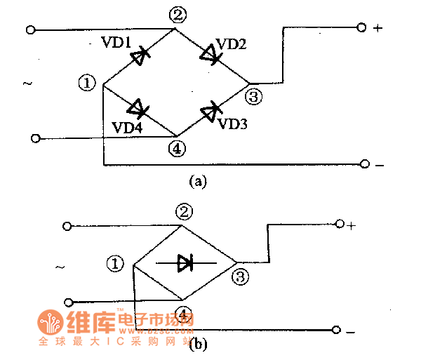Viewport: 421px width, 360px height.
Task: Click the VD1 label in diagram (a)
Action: click(x=120, y=43)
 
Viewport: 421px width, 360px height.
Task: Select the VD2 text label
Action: click(x=231, y=44)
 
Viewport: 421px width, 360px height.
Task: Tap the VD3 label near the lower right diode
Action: click(x=232, y=124)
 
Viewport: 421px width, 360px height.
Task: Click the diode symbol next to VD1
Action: click(x=142, y=55)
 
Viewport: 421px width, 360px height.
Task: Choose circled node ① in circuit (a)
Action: click(x=87, y=84)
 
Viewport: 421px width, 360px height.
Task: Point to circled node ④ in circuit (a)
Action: click(x=176, y=148)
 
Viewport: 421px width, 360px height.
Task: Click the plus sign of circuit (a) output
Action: click(x=378, y=29)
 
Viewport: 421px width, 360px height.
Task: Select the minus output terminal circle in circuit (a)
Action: click(x=363, y=164)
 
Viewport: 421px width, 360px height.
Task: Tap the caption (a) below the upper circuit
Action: click(x=199, y=181)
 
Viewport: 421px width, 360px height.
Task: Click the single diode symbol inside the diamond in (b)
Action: click(x=185, y=263)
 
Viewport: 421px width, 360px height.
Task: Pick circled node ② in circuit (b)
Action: click(x=183, y=211)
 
